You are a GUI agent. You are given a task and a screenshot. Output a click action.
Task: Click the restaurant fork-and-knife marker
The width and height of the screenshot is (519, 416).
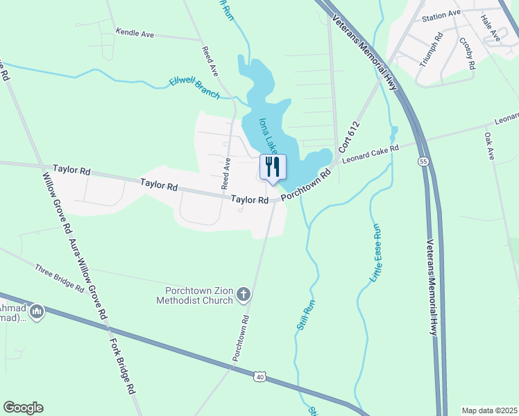click(272, 167)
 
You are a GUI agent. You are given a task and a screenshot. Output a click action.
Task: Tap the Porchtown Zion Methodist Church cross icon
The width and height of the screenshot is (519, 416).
click(243, 295)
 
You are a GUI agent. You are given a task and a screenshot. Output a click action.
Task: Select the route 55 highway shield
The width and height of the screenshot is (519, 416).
click(423, 161)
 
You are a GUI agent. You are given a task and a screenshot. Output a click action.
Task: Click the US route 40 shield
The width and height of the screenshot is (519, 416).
click(259, 376)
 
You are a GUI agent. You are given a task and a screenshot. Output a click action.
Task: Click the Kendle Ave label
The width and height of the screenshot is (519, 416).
click(135, 33)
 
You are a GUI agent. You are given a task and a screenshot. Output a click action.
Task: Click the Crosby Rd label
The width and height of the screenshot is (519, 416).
click(466, 53)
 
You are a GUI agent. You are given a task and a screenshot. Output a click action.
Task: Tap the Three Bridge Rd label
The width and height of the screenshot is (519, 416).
click(59, 276)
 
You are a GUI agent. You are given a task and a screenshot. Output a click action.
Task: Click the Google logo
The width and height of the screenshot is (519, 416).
click(23, 408)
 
